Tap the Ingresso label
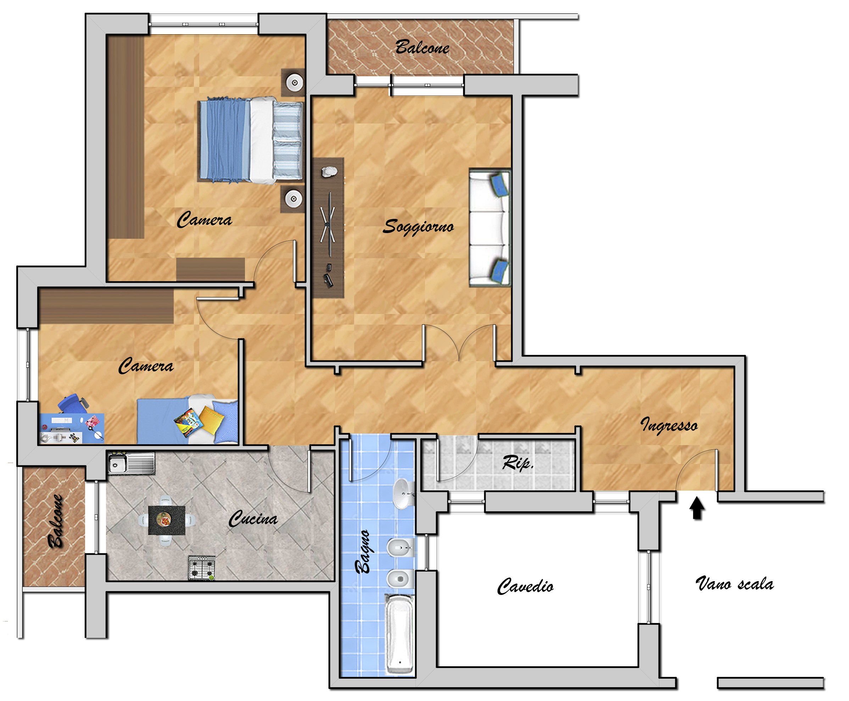tap(669, 425)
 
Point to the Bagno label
tap(363, 551)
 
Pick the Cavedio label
tap(525, 586)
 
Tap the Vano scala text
tap(735, 584)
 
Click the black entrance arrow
tap(697, 508)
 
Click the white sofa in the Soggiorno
tap(490, 228)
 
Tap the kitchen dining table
tap(167, 520)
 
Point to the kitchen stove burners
tap(202, 567)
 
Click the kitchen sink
tap(131, 463)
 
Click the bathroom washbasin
tap(403, 493)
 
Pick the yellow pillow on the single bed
tap(211, 420)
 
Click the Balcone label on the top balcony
tap(422, 48)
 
